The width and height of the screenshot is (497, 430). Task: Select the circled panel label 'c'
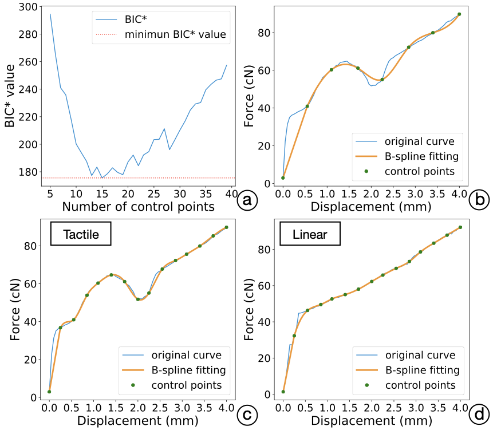point(247,413)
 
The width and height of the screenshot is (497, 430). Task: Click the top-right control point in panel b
point(459,14)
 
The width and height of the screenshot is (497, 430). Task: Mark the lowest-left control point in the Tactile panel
point(49,392)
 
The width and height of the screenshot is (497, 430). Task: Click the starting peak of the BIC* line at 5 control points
point(50,14)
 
